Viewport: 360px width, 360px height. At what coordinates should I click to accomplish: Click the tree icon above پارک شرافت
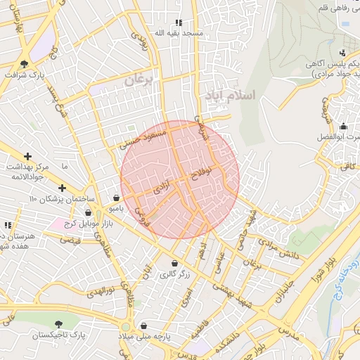(x=25, y=63)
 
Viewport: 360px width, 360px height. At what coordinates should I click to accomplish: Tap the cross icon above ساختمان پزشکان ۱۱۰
(x=63, y=188)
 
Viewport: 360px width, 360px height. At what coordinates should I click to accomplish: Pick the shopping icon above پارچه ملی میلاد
(x=143, y=326)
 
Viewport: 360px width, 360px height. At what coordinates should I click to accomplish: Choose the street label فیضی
(x=70, y=240)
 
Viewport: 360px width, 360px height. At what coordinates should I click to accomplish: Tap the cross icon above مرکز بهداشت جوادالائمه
(x=27, y=156)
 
